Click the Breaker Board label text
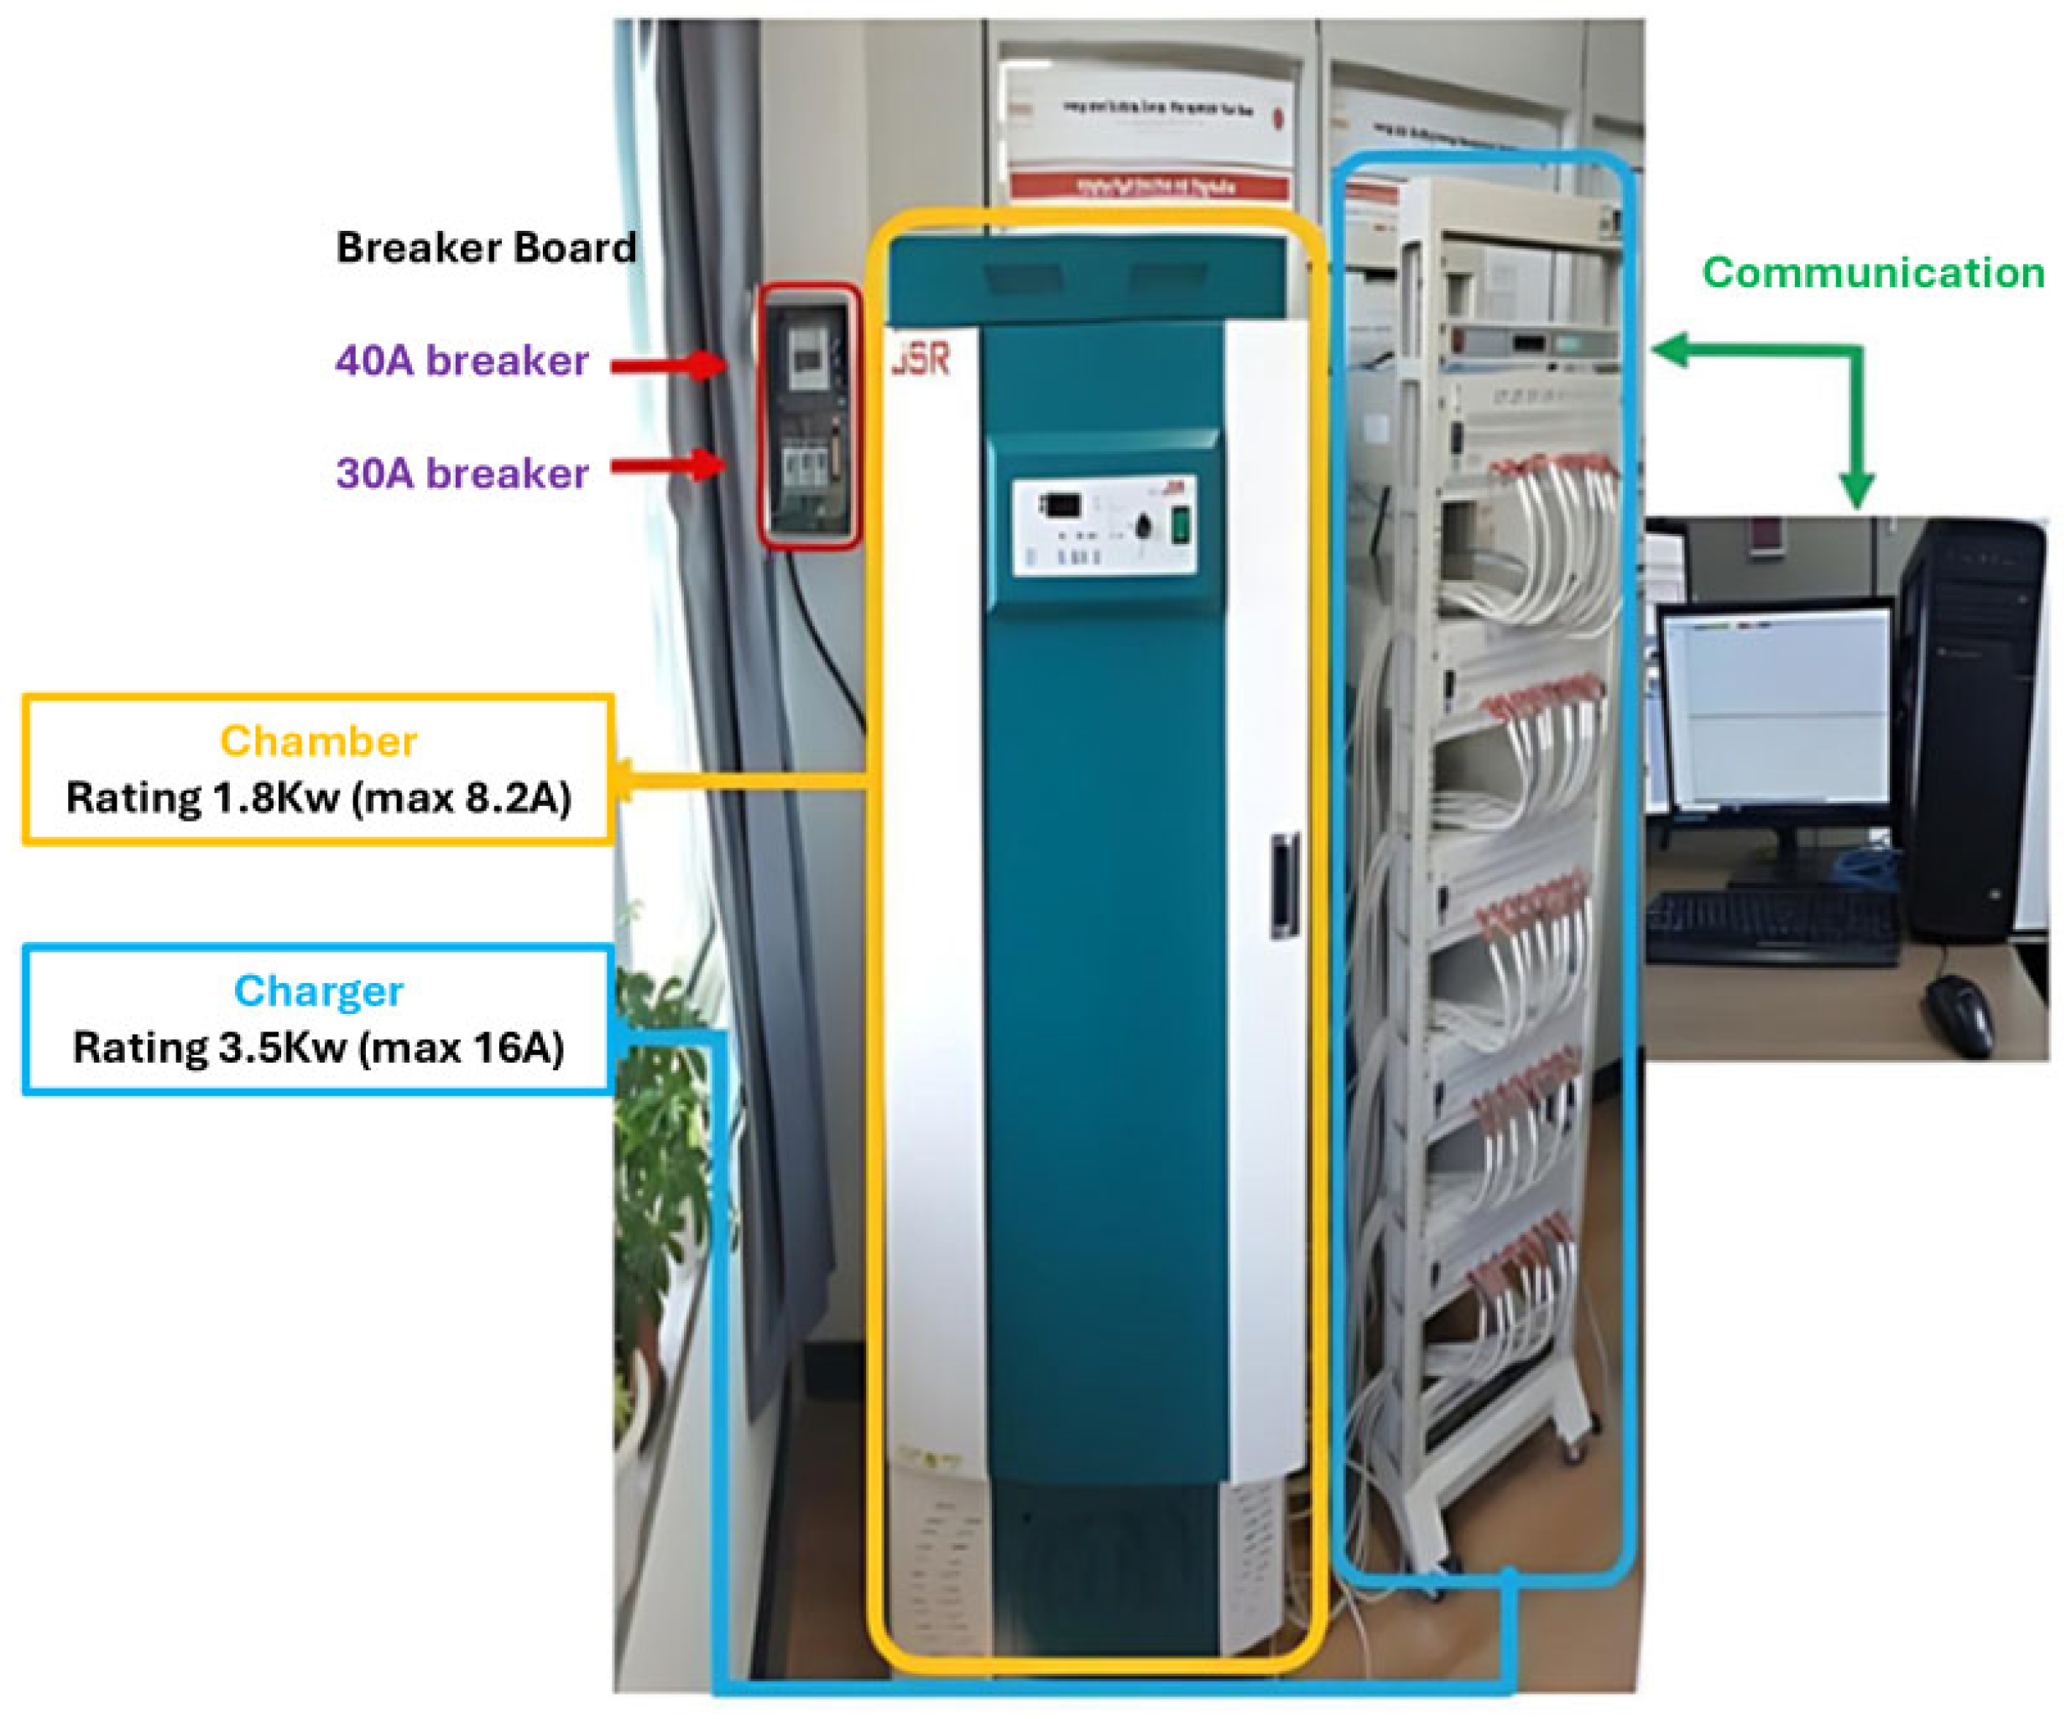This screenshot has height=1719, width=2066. click(486, 247)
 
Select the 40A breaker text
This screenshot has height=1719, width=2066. click(462, 361)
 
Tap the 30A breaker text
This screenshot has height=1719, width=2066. click(462, 473)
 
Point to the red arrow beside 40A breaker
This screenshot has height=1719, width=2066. click(669, 365)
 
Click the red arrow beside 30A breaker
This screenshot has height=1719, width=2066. click(669, 464)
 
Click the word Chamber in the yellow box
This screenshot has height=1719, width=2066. click(318, 741)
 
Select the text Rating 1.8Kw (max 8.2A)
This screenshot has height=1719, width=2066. click(318, 798)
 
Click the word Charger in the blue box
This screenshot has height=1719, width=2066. click(318, 991)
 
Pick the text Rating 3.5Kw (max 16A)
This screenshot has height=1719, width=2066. click(318, 1048)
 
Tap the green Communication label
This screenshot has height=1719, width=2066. click(1873, 273)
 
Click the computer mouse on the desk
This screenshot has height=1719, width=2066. click(1958, 1013)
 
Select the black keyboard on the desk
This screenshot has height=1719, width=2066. click(1771, 925)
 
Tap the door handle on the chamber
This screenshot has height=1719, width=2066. click(1284, 886)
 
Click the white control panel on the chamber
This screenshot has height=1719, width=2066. click(1103, 525)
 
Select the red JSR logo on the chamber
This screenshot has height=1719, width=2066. click(922, 360)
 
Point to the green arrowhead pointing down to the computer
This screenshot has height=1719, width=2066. click(1856, 487)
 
